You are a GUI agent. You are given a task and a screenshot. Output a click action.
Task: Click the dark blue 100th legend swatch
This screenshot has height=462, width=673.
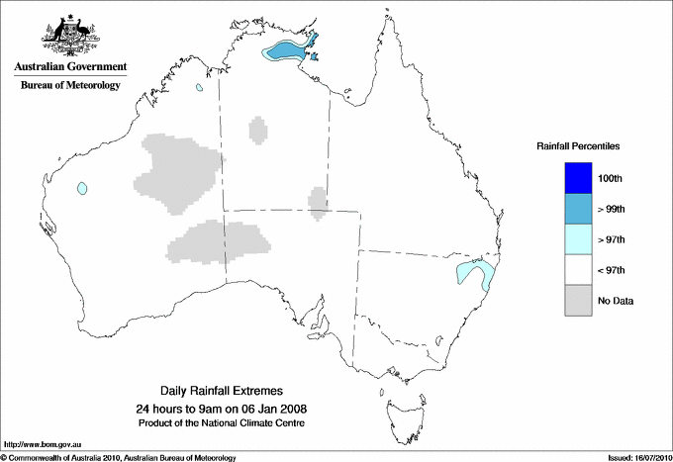[x=579, y=177]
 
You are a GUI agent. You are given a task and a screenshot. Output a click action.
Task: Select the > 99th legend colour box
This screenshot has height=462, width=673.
[x=579, y=208]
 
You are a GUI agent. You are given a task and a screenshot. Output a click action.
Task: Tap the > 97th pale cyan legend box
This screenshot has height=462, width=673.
[x=579, y=238]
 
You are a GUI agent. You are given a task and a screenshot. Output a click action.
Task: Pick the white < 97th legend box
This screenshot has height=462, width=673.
[x=579, y=269]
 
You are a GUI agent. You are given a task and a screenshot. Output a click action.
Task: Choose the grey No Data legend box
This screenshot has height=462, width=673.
[x=579, y=300]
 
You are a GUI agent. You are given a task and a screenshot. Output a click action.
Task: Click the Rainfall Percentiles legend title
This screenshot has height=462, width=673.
[x=578, y=145]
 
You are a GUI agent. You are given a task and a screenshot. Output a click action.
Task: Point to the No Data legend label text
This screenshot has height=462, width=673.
[x=615, y=300]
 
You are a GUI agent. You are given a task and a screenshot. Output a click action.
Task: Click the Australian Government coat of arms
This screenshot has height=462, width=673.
[x=70, y=34]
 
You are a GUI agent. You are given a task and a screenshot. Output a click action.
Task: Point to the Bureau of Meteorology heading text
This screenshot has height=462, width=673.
[x=70, y=85]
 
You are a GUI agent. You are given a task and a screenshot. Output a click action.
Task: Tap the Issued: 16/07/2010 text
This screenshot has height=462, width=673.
[x=634, y=457]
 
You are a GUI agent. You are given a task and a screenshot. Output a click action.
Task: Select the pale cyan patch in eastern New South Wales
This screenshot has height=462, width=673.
[x=474, y=274]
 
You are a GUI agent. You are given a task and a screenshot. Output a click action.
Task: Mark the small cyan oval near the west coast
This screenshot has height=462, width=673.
[x=82, y=187]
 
